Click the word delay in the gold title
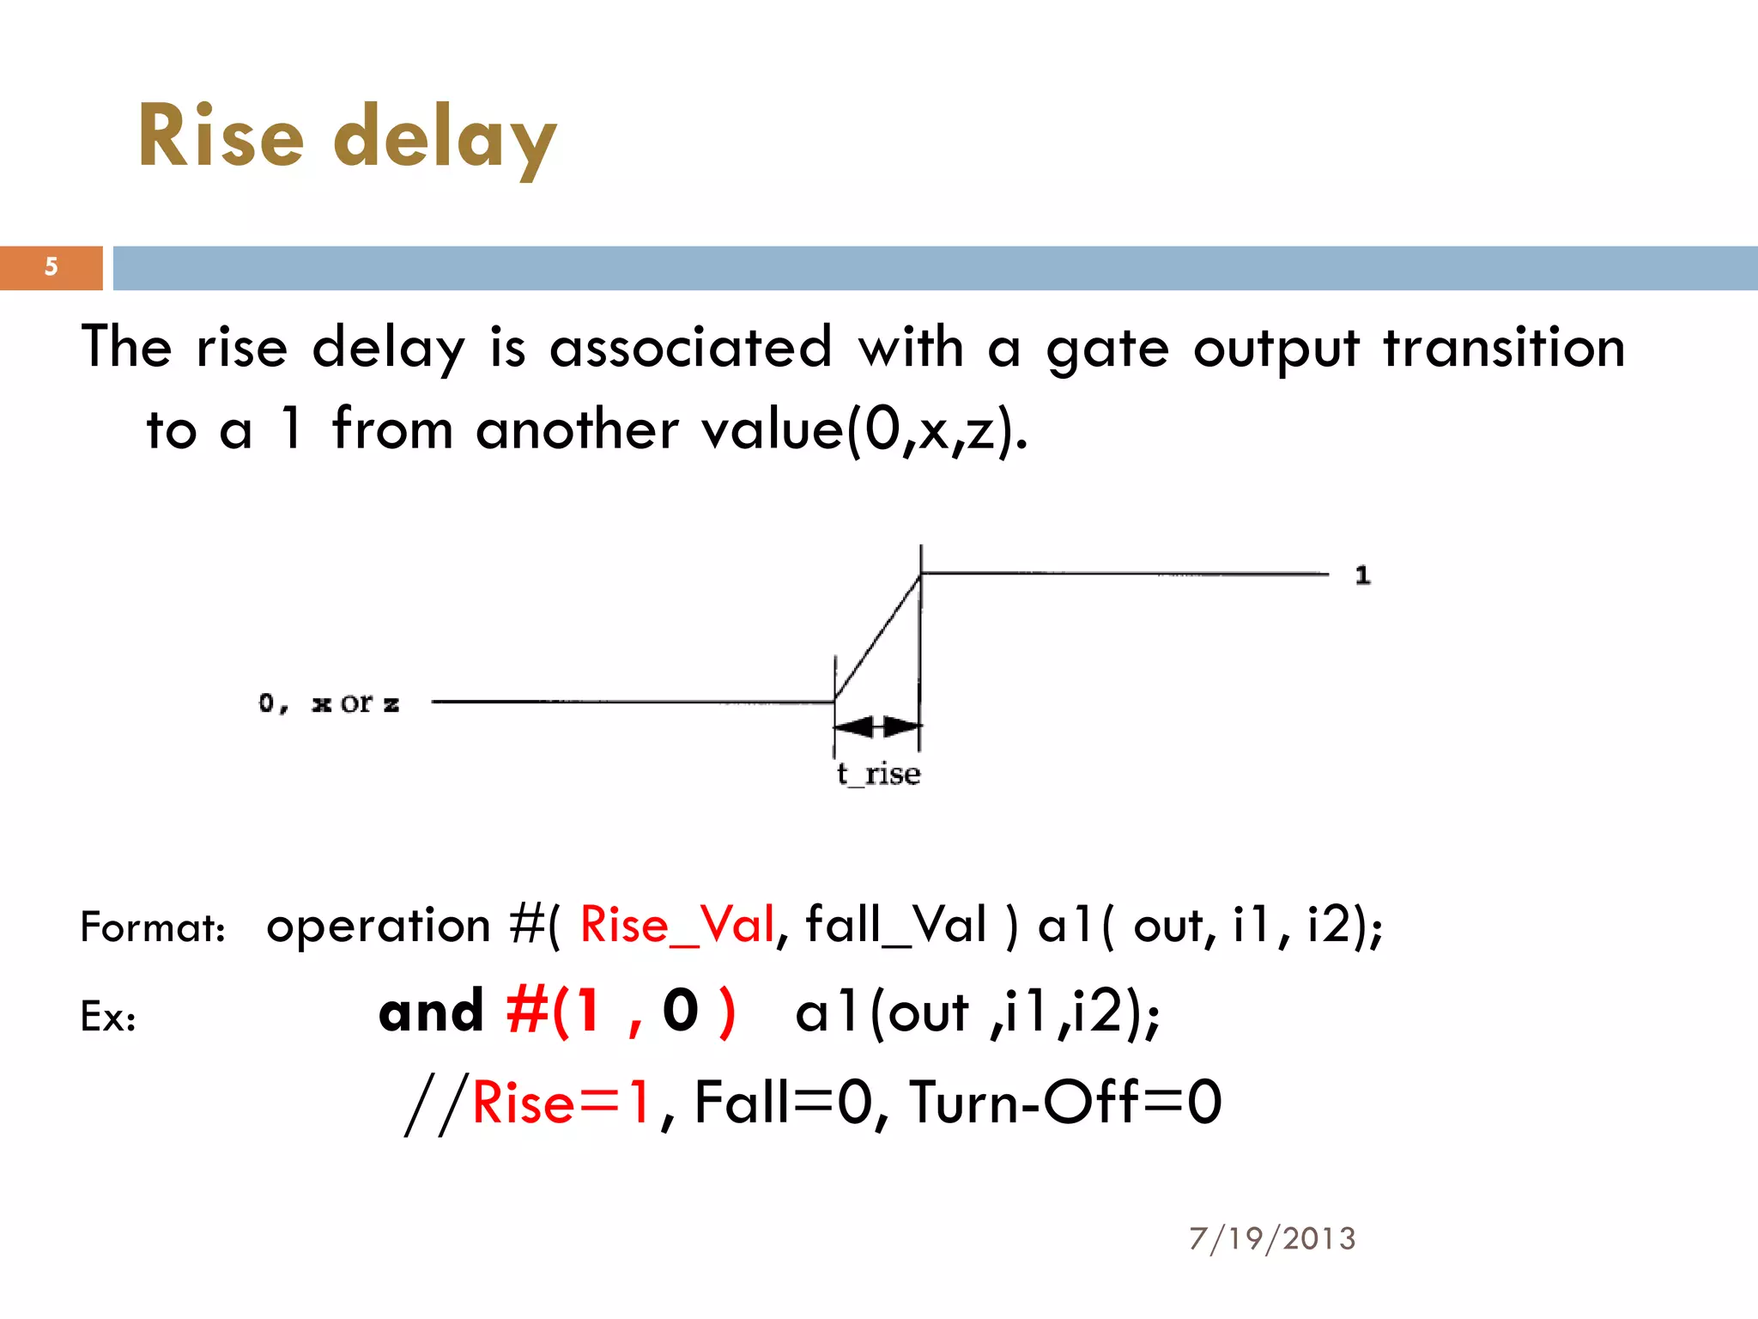(445, 137)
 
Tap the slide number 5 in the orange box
(52, 267)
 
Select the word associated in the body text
(691, 348)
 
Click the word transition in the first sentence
(1504, 348)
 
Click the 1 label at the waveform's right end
(1362, 575)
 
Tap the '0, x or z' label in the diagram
(329, 704)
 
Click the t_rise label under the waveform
(878, 775)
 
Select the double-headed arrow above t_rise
(877, 727)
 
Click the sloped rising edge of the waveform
(877, 637)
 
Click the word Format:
(153, 927)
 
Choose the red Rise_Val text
(677, 926)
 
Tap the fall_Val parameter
(896, 926)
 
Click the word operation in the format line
(378, 926)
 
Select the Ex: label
(108, 1017)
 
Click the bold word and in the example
(432, 1012)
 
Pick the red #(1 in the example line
(554, 1012)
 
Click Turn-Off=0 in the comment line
(1065, 1103)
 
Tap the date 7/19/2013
(1272, 1238)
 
